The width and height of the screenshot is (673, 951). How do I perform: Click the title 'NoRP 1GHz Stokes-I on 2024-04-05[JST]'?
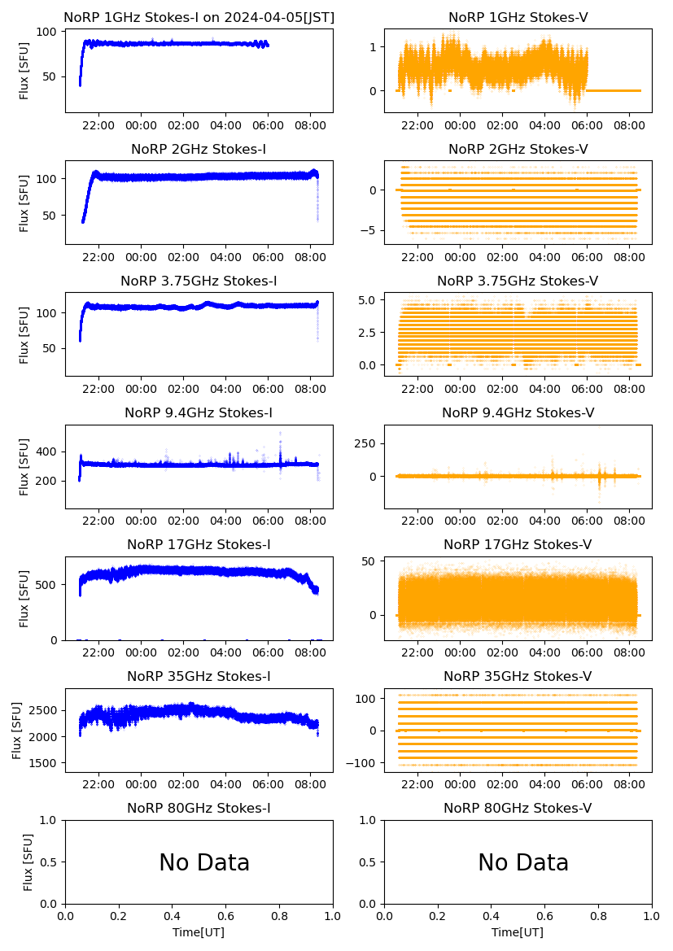pyautogui.click(x=199, y=17)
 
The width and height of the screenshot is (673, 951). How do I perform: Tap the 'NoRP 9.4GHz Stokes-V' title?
pyautogui.click(x=518, y=412)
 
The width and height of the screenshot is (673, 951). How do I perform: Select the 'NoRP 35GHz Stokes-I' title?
pyautogui.click(x=199, y=676)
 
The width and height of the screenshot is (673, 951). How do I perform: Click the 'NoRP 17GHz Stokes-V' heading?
pyautogui.click(x=518, y=544)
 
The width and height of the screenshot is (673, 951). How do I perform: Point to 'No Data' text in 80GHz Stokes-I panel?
pyautogui.click(x=204, y=862)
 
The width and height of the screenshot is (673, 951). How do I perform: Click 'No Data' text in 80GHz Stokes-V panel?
pyautogui.click(x=523, y=862)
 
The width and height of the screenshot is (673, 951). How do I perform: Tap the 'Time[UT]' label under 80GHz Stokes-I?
pyautogui.click(x=199, y=932)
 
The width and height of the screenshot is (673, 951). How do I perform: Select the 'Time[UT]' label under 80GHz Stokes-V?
pyautogui.click(x=518, y=932)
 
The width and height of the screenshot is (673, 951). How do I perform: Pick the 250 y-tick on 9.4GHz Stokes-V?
pyautogui.click(x=365, y=443)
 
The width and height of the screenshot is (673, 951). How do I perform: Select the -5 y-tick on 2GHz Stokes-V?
pyautogui.click(x=370, y=230)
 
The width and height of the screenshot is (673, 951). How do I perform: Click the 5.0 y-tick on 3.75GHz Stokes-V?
pyautogui.click(x=367, y=300)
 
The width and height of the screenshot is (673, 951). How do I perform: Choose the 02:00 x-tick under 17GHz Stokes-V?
pyautogui.click(x=502, y=653)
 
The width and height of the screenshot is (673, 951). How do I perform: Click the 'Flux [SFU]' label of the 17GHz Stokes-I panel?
pyautogui.click(x=24, y=598)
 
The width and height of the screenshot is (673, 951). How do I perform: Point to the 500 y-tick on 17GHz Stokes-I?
pyautogui.click(x=46, y=584)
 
